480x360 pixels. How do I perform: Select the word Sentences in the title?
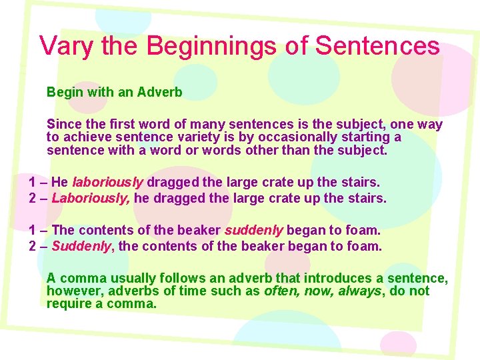click(x=377, y=46)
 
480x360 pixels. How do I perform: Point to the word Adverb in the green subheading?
click(x=159, y=93)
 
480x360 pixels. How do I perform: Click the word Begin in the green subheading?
click(x=64, y=93)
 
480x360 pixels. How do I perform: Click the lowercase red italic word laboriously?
click(x=107, y=182)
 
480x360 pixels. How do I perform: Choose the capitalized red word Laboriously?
click(x=91, y=198)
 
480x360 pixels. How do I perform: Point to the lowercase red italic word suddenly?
click(x=254, y=230)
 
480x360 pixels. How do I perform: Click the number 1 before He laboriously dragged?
click(x=33, y=182)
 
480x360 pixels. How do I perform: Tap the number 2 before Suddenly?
click(x=33, y=246)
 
